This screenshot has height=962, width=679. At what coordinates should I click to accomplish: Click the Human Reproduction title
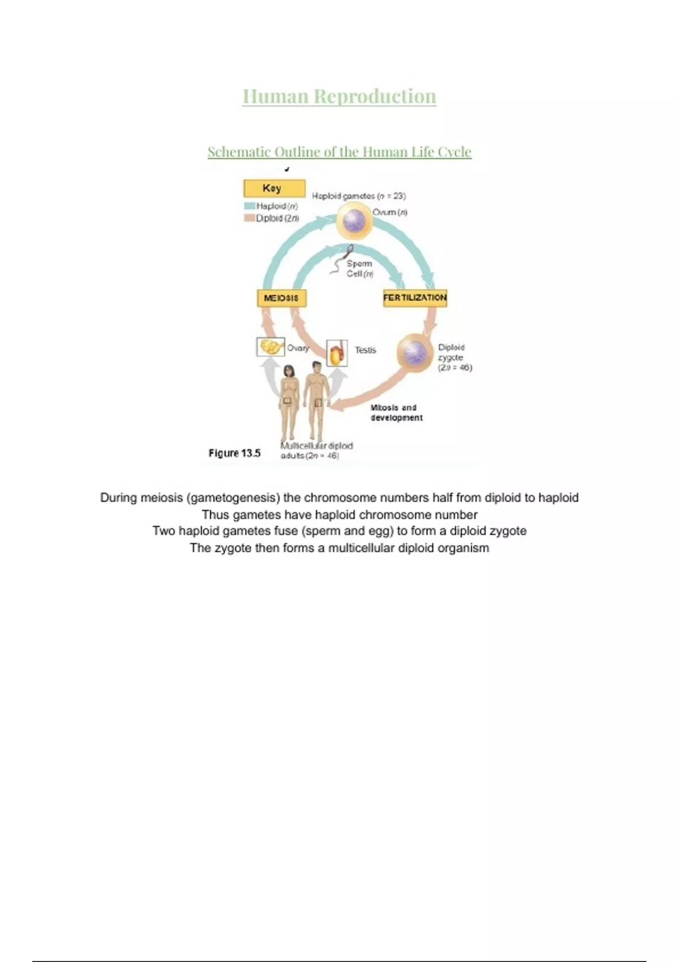pos(339,96)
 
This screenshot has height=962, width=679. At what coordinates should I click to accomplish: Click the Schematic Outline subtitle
pos(339,152)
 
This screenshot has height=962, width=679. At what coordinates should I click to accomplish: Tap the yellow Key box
pos(274,188)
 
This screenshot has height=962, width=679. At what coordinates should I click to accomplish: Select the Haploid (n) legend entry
pos(272,206)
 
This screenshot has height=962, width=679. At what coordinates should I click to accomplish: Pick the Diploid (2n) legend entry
pos(272,218)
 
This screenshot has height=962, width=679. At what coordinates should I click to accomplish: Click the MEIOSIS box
pos(282,298)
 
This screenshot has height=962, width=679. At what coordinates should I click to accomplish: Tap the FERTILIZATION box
pos(415,298)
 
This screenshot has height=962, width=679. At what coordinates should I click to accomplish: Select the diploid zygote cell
pos(415,351)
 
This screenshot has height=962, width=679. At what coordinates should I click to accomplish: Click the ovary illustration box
pos(270,346)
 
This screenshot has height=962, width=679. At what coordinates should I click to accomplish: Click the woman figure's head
pos(289,371)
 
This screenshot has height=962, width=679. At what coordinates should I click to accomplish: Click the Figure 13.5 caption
pos(234,453)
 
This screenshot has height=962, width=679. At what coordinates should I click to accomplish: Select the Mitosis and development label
pos(396,413)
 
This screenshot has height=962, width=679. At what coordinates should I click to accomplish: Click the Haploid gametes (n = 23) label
pos(359,196)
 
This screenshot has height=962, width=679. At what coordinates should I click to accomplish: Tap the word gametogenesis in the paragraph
pos(233,498)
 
